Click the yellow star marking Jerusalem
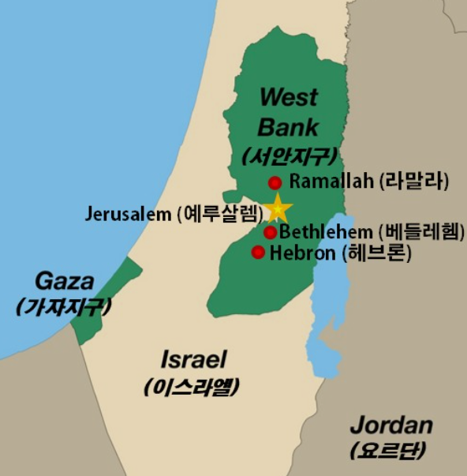277,209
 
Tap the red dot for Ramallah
275,183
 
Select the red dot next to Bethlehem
270,232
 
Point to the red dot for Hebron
258,253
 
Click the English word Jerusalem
127,213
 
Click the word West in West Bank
288,98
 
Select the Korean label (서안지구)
290,155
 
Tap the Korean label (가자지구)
63,306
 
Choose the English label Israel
193,360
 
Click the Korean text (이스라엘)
192,387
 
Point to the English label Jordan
391,425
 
